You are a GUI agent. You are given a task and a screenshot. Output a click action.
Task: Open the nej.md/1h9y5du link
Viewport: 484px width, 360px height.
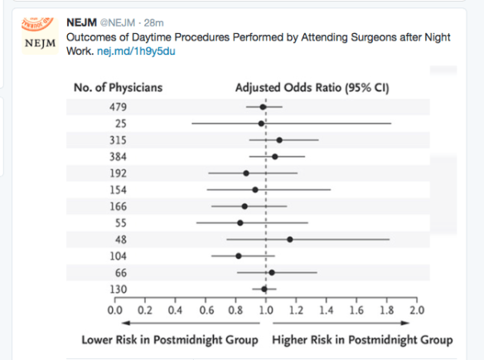(142, 51)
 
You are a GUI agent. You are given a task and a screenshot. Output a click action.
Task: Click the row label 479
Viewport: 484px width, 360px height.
(117, 107)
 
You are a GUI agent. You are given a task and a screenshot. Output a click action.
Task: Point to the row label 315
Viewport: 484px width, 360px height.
(117, 140)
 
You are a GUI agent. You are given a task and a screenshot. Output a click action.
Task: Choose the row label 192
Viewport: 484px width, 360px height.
(117, 173)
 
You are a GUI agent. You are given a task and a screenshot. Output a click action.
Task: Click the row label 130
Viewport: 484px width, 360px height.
(117, 289)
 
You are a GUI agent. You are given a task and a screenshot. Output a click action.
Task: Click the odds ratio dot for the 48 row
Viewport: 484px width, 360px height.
(289, 240)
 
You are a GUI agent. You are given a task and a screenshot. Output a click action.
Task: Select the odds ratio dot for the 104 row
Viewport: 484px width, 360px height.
(239, 256)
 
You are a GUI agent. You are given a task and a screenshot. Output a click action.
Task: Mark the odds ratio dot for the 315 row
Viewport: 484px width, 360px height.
(279, 140)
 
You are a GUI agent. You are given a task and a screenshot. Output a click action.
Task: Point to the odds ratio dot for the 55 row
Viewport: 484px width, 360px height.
(240, 223)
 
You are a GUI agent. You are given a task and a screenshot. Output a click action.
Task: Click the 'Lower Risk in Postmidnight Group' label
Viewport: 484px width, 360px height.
(170, 340)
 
